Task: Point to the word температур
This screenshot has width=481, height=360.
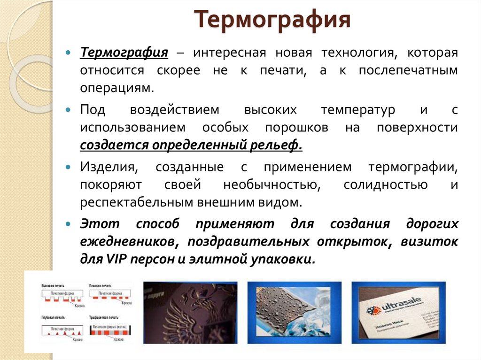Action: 358,110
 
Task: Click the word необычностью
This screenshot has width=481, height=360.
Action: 272,184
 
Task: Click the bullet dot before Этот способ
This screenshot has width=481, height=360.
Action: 69,224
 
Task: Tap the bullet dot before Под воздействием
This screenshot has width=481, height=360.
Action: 69,110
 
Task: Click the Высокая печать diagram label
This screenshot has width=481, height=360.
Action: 53,285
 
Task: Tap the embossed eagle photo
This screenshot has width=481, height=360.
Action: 190,313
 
